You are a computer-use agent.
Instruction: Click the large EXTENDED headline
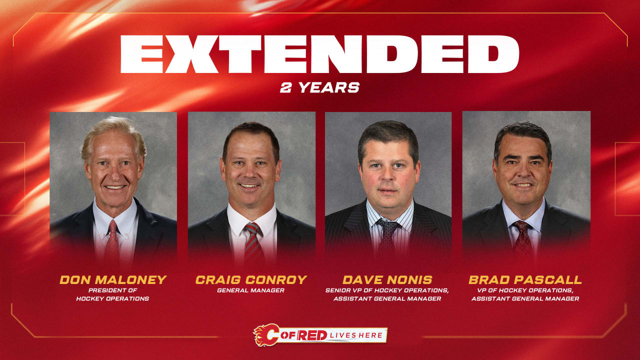click(320, 53)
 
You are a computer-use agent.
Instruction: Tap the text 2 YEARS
click(320, 87)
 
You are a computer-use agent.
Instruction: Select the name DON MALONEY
click(112, 279)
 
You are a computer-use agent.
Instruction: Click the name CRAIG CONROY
click(251, 279)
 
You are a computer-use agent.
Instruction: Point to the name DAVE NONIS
click(387, 279)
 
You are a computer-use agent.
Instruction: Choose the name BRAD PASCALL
click(525, 279)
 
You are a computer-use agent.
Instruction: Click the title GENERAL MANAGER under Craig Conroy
click(251, 290)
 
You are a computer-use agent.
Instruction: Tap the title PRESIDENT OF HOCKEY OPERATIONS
click(112, 294)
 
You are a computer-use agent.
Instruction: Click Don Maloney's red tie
click(112, 242)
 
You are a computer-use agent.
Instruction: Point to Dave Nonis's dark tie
click(386, 240)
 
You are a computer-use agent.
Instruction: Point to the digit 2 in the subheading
click(286, 87)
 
